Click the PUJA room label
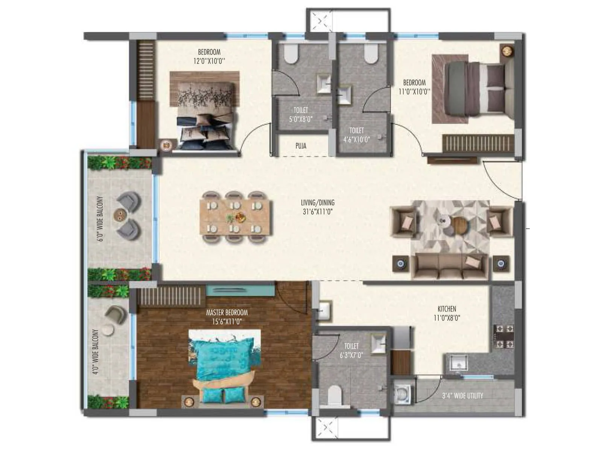[x=301, y=146]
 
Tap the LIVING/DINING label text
[x=318, y=203]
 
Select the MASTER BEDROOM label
[x=227, y=313]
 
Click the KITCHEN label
[x=447, y=309]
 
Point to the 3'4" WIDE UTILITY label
[x=462, y=396]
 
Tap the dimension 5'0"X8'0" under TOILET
[x=301, y=119]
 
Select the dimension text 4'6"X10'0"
[x=356, y=139]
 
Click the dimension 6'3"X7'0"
[x=351, y=355]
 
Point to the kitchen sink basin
[x=456, y=364]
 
